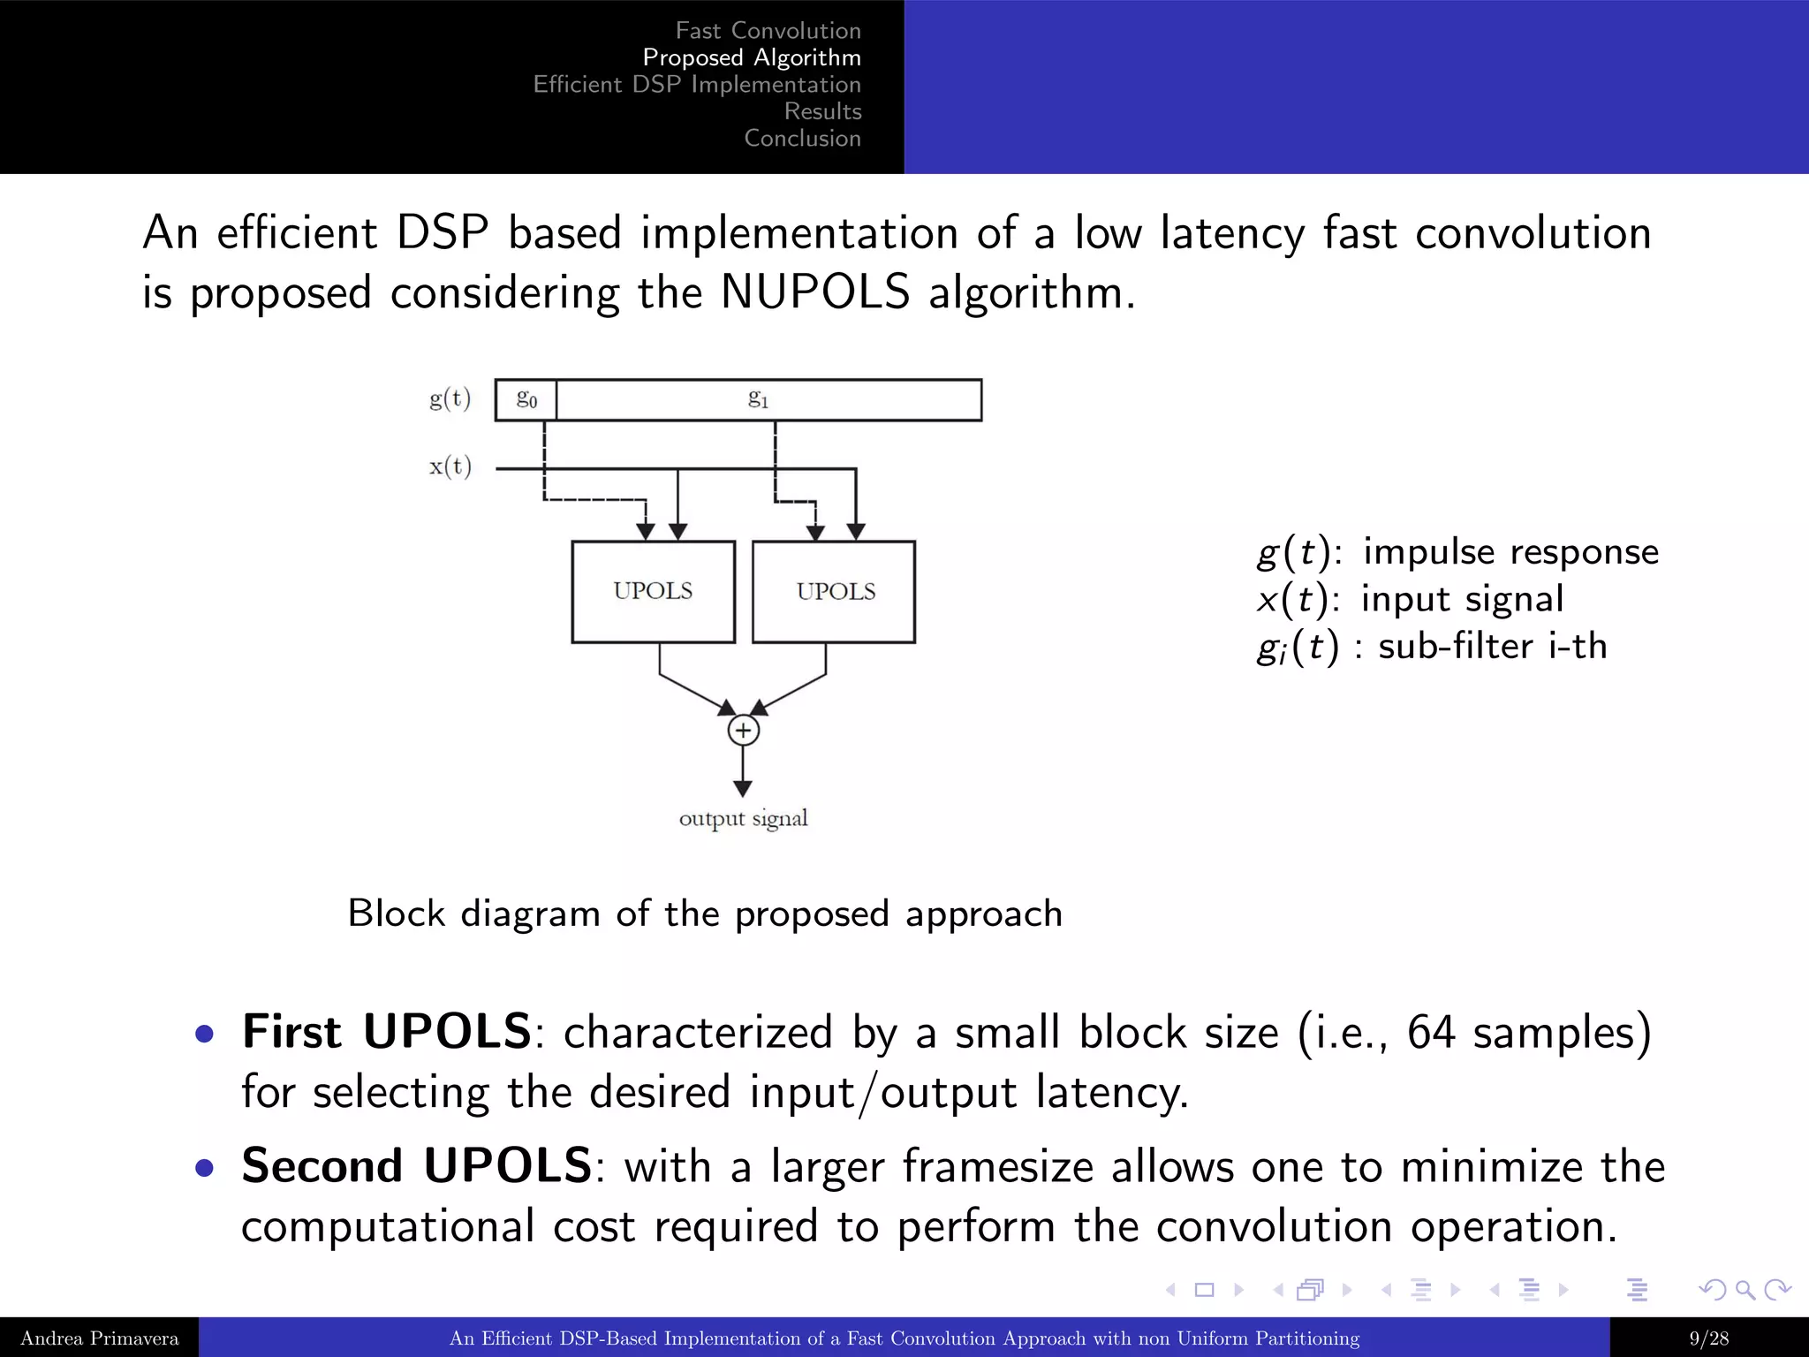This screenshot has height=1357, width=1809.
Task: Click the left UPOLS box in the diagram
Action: (653, 591)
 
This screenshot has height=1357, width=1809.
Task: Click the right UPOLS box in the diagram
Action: (834, 591)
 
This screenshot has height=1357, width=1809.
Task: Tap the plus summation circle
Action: (743, 731)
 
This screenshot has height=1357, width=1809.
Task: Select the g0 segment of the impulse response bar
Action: (526, 399)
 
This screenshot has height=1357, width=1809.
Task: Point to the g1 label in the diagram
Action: (758, 399)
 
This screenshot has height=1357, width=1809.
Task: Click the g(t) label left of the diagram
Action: (450, 399)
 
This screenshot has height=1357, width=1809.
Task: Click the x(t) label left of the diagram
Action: (450, 466)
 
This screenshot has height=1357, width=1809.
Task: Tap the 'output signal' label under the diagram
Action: (743, 819)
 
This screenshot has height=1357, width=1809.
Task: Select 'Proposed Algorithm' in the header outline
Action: (752, 57)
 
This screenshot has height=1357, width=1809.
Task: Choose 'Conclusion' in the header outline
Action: (802, 139)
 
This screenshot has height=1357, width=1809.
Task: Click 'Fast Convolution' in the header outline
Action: (768, 31)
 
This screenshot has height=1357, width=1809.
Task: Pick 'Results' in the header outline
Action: (822, 111)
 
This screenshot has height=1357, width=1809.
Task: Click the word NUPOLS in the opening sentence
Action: (814, 292)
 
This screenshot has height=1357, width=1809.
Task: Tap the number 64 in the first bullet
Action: (1430, 1032)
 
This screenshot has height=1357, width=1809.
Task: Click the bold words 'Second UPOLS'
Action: (416, 1165)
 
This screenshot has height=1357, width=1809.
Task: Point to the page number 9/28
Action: (1708, 1338)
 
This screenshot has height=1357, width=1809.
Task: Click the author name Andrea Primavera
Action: (99, 1338)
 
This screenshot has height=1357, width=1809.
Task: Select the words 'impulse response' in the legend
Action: (1510, 552)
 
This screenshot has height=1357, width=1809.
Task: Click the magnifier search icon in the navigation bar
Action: (1745, 1290)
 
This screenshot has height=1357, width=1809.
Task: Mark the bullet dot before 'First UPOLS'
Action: (205, 1034)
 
